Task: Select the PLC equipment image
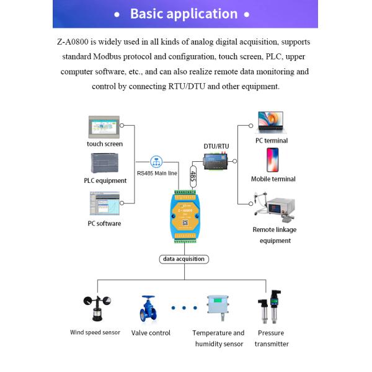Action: click(x=105, y=164)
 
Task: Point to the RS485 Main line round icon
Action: click(x=157, y=161)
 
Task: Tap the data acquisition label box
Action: click(x=183, y=259)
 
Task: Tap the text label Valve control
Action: click(x=151, y=333)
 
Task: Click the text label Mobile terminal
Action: click(x=273, y=179)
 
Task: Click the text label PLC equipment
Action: click(x=105, y=181)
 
